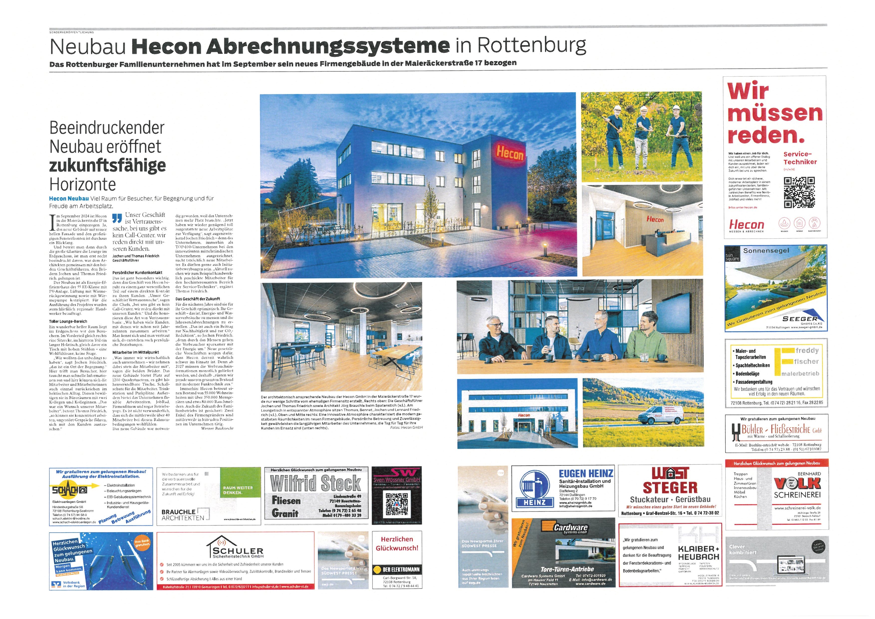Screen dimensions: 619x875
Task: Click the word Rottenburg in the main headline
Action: pos(532,46)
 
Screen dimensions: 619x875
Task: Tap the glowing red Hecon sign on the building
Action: pos(509,153)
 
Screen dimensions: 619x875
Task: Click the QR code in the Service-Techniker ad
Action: pos(799,192)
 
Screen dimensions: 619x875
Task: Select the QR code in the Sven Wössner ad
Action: pos(396,504)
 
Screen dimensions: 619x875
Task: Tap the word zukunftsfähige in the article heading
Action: pos(108,165)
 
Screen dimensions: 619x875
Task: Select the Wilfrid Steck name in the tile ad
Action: pos(316,483)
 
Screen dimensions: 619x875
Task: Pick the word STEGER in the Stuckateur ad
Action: pos(670,487)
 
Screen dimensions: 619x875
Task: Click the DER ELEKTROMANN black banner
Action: pos(397,569)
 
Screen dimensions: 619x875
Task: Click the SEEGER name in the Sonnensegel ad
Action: pos(799,319)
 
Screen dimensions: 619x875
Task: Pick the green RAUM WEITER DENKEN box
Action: pos(238,490)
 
